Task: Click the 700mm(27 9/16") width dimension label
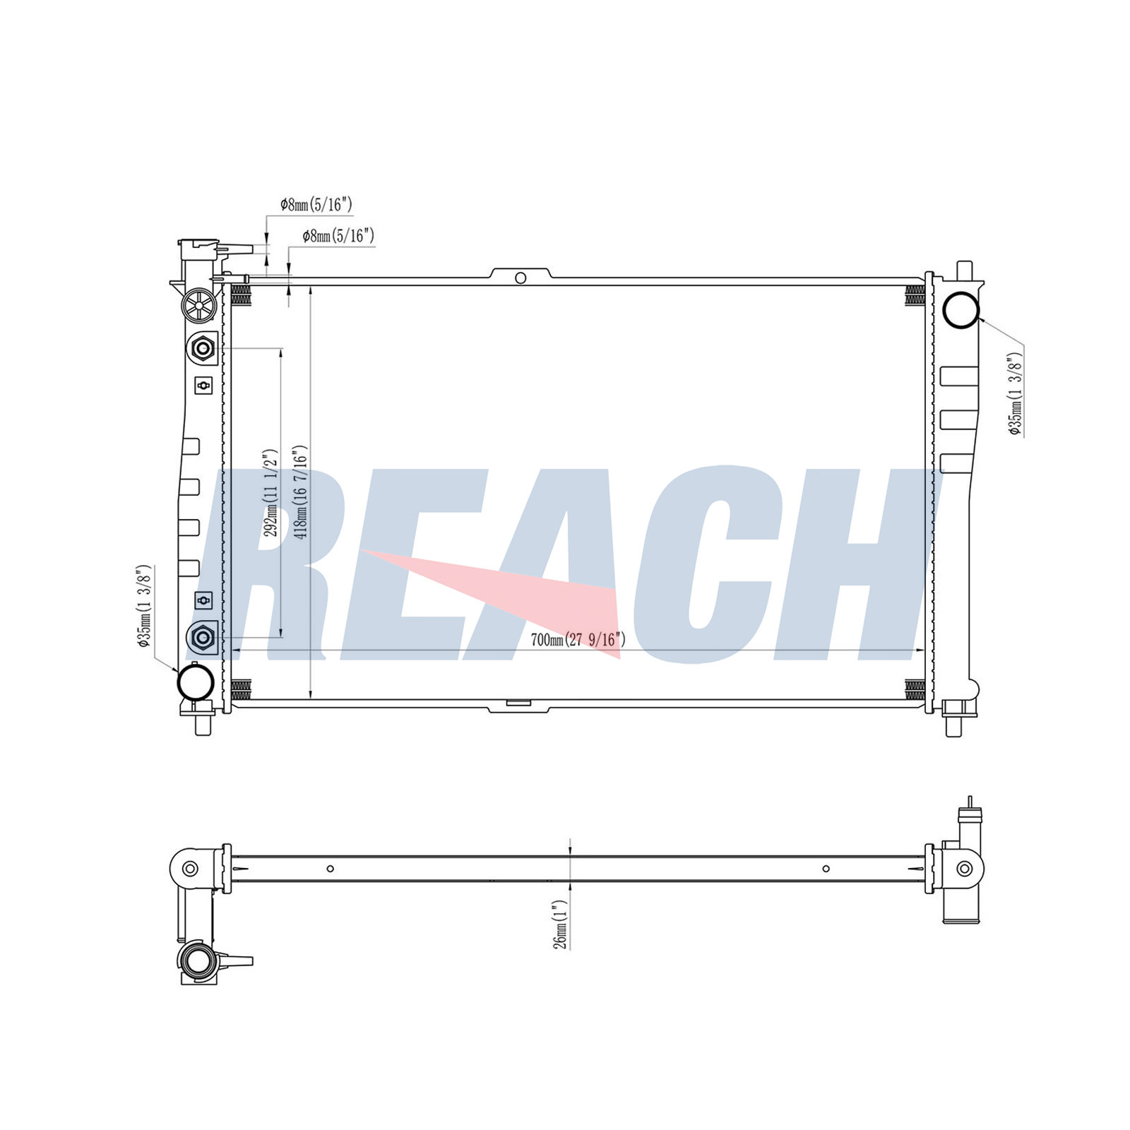pyautogui.click(x=578, y=640)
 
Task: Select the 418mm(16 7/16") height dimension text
pyautogui.click(x=301, y=492)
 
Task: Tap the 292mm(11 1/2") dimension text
pyautogui.click(x=270, y=492)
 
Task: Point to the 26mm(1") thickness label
pyautogui.click(x=559, y=924)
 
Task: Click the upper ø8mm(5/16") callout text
pyautogui.click(x=316, y=205)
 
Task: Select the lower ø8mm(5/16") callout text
pyautogui.click(x=338, y=236)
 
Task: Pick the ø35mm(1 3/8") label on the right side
pyautogui.click(x=1016, y=393)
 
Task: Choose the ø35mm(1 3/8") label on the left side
pyautogui.click(x=144, y=605)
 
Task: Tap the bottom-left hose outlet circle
pyautogui.click(x=196, y=681)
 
